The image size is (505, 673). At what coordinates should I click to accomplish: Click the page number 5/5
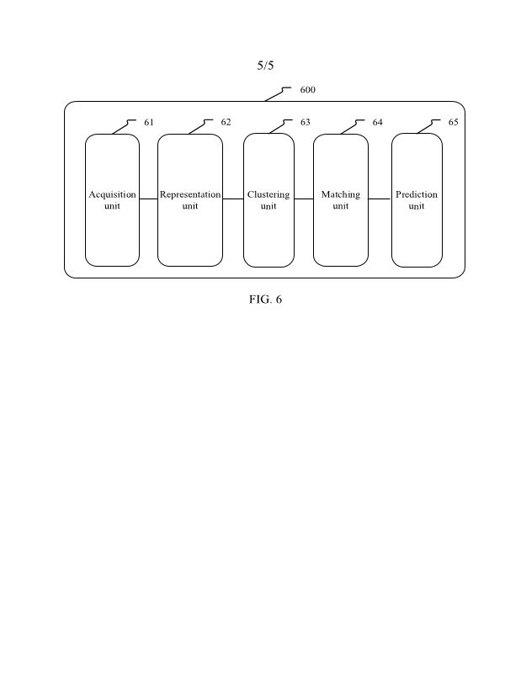coord(265,66)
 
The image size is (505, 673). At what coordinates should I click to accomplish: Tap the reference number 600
coord(308,90)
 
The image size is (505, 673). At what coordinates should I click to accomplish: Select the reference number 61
coord(149,123)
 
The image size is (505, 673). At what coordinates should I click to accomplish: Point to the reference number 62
coord(226,123)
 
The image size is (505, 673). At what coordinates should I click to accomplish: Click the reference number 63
coord(306,123)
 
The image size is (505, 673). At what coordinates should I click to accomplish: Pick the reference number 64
coord(378,123)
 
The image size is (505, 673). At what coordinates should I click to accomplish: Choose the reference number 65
coord(454,123)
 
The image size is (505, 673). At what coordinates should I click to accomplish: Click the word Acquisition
coord(112,194)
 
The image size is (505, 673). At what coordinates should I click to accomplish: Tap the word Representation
coord(190,194)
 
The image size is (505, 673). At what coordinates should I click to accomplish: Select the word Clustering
coord(268,194)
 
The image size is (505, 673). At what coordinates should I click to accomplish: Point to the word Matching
coord(340,194)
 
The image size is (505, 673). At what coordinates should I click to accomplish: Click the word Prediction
coord(417,194)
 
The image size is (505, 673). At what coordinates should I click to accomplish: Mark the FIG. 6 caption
coord(265,299)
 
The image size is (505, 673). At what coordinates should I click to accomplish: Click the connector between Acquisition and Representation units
coord(148,199)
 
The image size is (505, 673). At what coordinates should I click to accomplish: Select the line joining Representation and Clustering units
coord(233,199)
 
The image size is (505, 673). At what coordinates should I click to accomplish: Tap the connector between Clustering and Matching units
coord(304,199)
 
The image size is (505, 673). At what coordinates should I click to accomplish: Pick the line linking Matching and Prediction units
coord(380,199)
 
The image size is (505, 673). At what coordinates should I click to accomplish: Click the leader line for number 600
coord(276,94)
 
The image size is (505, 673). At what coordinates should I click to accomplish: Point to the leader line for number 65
coord(427,127)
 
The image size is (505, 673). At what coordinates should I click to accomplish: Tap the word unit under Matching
coord(340,206)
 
